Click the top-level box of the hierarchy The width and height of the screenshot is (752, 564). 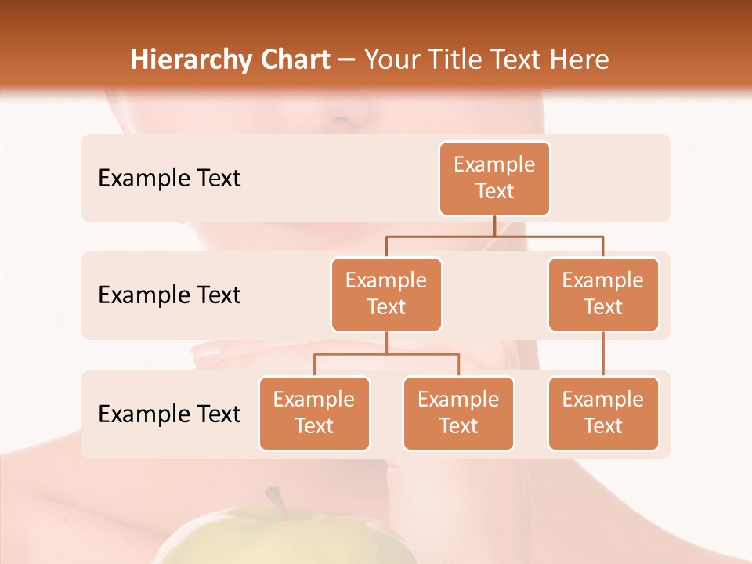click(x=494, y=179)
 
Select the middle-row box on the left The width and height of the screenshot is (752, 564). click(x=386, y=295)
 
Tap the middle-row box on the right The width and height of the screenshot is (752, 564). click(x=603, y=295)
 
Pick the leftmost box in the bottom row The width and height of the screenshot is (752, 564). click(x=314, y=414)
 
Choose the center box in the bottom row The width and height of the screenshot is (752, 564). click(x=458, y=414)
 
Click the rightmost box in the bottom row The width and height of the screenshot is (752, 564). click(x=603, y=414)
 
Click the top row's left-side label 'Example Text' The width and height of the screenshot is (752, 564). click(x=169, y=179)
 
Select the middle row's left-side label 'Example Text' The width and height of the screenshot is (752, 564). click(x=169, y=295)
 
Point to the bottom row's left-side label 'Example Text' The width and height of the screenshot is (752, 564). click(x=169, y=414)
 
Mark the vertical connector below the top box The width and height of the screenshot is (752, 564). click(x=494, y=226)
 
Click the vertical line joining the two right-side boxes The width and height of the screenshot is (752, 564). click(x=603, y=354)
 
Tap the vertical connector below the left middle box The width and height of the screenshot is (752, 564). click(x=386, y=342)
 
